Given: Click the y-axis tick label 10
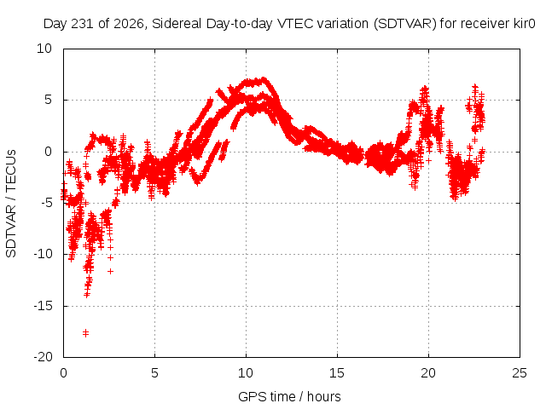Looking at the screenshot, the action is click(x=44, y=49).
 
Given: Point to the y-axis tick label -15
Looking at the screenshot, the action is click(x=43, y=306).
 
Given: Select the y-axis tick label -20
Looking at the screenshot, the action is click(x=43, y=357).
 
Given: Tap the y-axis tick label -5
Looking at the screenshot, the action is click(x=45, y=203).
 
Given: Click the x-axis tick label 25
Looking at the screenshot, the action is click(x=520, y=373).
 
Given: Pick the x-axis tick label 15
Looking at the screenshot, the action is click(x=337, y=373).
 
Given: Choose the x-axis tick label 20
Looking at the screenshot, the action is click(x=428, y=373).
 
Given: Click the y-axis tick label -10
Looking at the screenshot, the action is click(x=43, y=254).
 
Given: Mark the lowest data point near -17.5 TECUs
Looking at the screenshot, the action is click(x=85, y=333).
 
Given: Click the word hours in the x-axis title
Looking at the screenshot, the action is click(x=324, y=396).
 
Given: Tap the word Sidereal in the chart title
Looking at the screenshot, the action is click(x=177, y=24).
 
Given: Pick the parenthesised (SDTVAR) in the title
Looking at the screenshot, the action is click(x=405, y=24).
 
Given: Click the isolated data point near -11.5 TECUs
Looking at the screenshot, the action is click(x=110, y=271).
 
